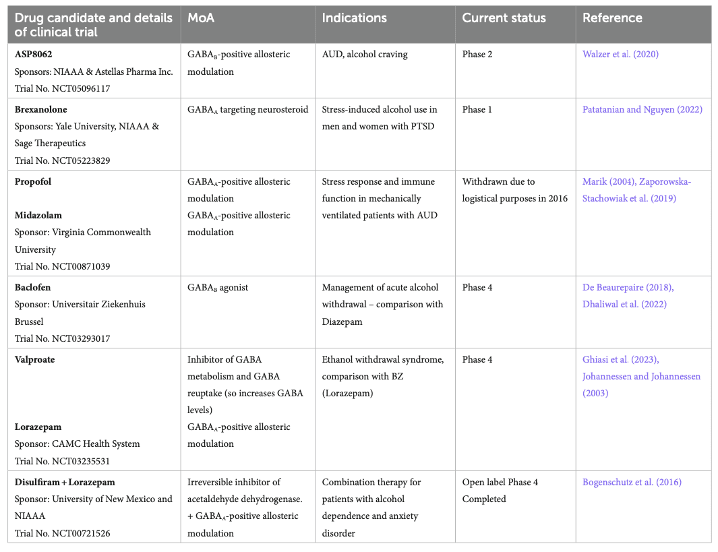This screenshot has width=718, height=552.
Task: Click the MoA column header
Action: tap(201, 19)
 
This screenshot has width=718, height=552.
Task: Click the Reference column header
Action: tap(612, 19)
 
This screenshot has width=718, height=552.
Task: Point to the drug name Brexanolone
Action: tap(41, 109)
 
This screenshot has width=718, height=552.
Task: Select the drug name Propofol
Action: tap(33, 182)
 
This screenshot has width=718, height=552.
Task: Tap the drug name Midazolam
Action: tap(38, 216)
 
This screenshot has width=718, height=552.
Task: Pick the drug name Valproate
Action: tap(35, 360)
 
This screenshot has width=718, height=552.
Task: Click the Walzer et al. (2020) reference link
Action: tap(620, 55)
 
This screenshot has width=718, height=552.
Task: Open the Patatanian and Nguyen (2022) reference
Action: tap(642, 109)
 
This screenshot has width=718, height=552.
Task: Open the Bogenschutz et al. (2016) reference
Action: tap(632, 483)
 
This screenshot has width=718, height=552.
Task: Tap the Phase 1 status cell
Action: tap(477, 109)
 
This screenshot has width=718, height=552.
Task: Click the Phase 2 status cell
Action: tap(477, 55)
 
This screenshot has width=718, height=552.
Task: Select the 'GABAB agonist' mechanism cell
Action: tap(218, 288)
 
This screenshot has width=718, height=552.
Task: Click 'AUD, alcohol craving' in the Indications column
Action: tap(365, 55)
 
